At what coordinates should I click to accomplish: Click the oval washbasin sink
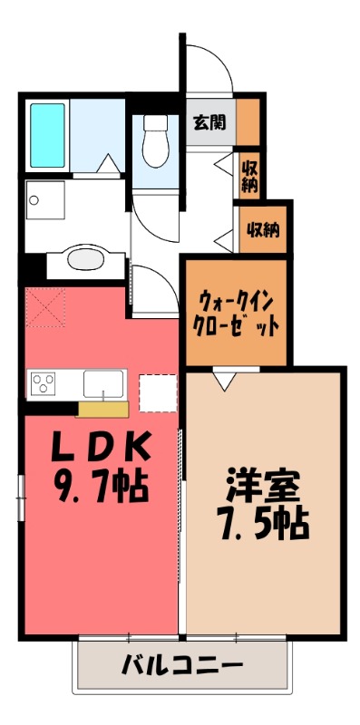[86, 260]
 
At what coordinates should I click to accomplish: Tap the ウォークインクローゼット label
[235, 311]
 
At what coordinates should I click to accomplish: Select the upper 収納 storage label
[249, 174]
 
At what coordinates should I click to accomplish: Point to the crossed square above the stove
[46, 305]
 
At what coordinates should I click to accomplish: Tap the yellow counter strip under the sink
[102, 408]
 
